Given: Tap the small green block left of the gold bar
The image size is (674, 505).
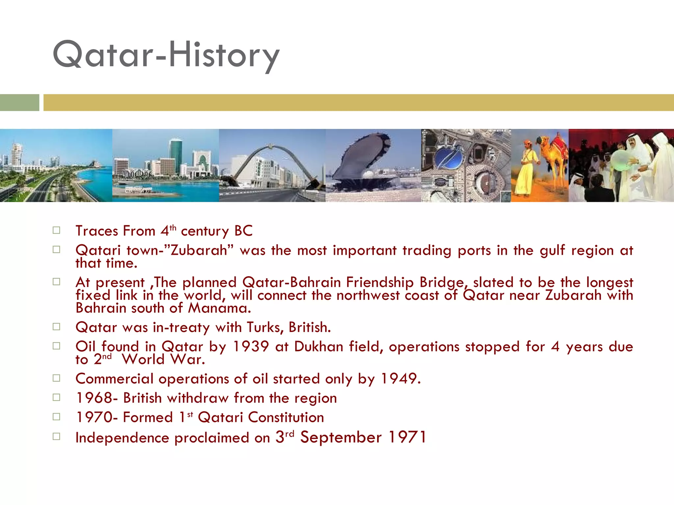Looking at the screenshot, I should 19,103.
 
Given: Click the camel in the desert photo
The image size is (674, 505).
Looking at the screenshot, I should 553,155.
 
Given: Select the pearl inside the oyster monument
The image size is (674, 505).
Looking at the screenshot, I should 368,174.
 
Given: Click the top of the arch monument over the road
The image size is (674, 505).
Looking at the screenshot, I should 271,146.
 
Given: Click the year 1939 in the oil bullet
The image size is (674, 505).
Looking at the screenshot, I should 251,347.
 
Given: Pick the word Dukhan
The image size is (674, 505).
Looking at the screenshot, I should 319,347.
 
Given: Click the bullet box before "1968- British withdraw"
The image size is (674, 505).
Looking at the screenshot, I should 56,397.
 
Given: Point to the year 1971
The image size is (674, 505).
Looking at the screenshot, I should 407,438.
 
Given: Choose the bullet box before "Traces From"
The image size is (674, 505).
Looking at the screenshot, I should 56,230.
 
